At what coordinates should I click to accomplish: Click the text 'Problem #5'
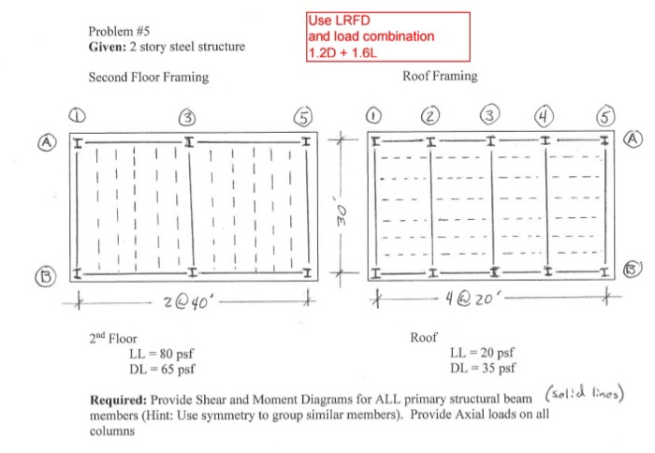pyautogui.click(x=118, y=29)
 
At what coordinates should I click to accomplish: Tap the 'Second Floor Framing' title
pyautogui.click(x=148, y=78)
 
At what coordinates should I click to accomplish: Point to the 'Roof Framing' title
pyautogui.click(x=439, y=76)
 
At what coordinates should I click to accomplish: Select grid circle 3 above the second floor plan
pyautogui.click(x=189, y=118)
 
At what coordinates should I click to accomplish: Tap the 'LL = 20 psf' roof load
pyautogui.click(x=482, y=353)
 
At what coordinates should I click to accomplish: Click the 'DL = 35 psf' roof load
pyautogui.click(x=482, y=368)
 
